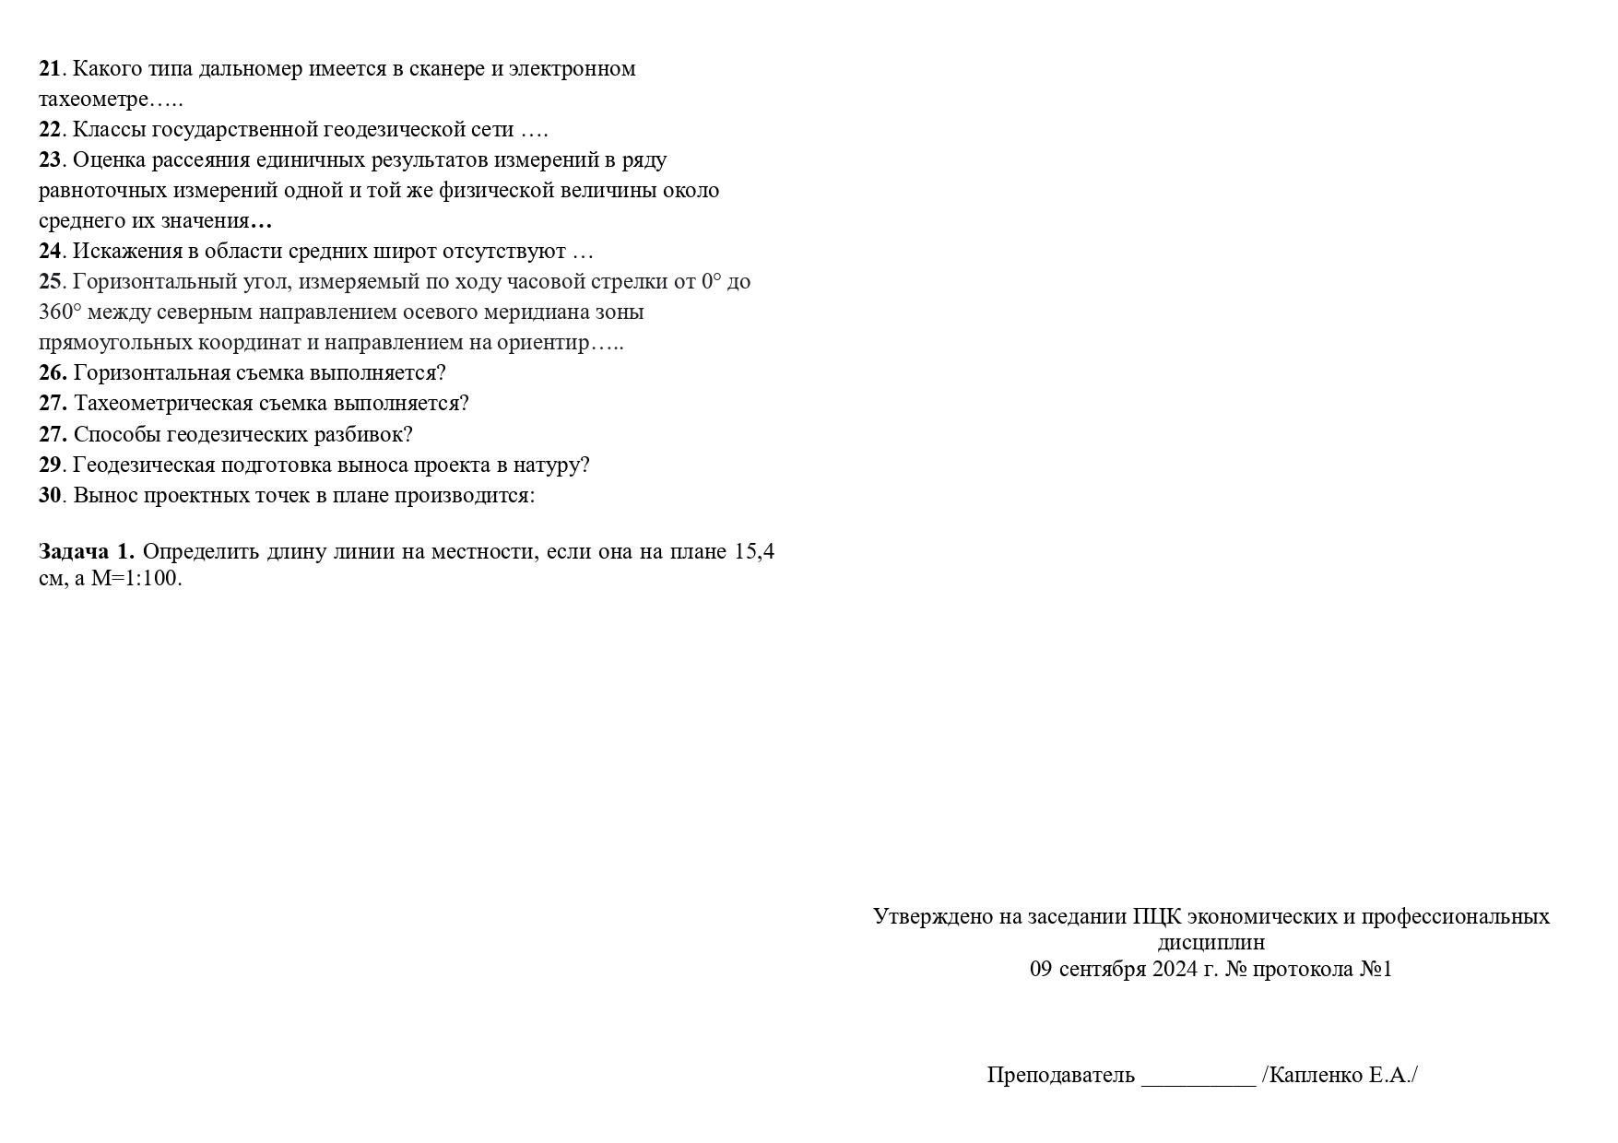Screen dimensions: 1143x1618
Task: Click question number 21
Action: click(x=50, y=69)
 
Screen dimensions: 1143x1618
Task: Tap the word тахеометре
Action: click(x=93, y=100)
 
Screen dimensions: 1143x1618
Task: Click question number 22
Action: click(x=50, y=130)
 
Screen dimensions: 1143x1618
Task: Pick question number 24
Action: click(x=50, y=252)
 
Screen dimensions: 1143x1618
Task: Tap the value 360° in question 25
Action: click(x=59, y=312)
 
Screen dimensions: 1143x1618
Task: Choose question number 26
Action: click(x=53, y=373)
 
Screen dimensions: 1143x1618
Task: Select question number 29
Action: click(x=50, y=465)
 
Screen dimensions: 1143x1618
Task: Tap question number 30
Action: click(x=50, y=495)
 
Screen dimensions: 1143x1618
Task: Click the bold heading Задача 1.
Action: click(x=87, y=552)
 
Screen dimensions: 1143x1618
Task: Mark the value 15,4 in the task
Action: click(x=754, y=552)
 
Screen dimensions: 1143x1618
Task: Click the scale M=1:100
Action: click(x=136, y=579)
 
